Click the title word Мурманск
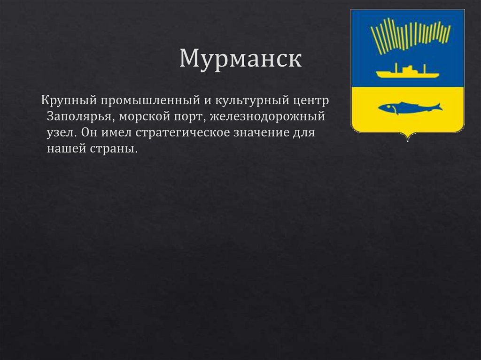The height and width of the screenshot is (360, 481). click(x=240, y=60)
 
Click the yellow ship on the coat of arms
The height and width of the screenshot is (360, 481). click(x=407, y=72)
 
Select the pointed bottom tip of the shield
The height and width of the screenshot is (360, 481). click(x=407, y=139)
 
